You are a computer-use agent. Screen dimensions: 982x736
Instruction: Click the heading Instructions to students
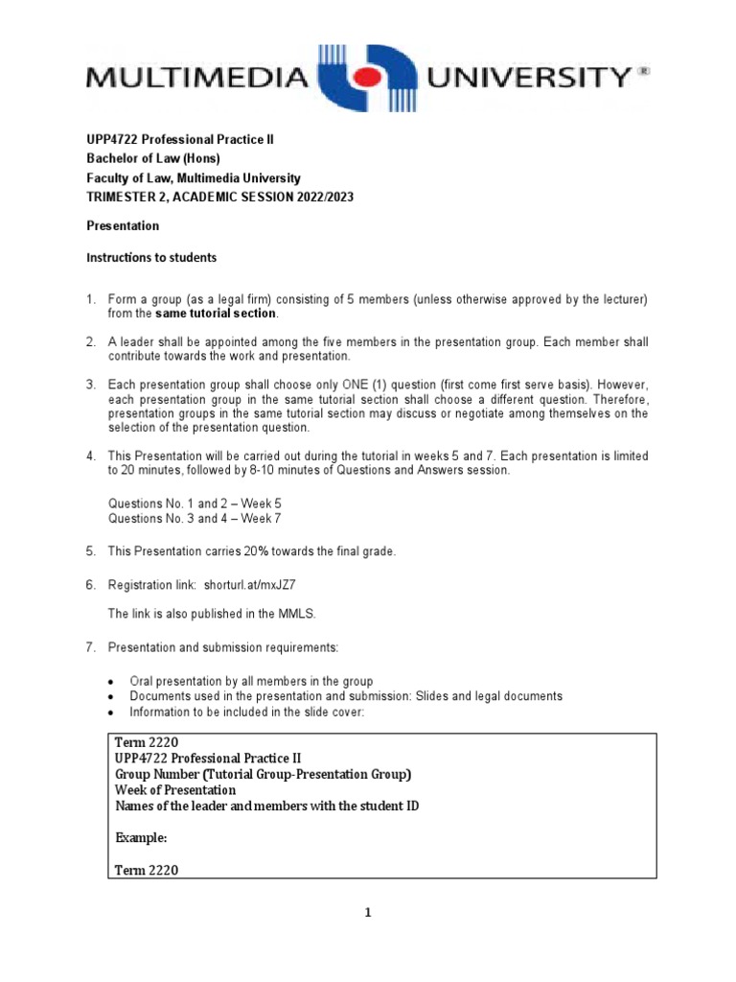point(151,257)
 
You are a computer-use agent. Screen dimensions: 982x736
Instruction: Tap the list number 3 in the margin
point(91,385)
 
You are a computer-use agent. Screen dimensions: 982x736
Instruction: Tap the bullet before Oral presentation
point(112,682)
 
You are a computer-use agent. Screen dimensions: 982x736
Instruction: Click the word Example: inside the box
point(141,837)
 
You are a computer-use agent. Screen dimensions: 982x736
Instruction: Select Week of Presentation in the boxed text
point(174,790)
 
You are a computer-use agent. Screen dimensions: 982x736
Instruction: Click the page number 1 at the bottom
point(367,913)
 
